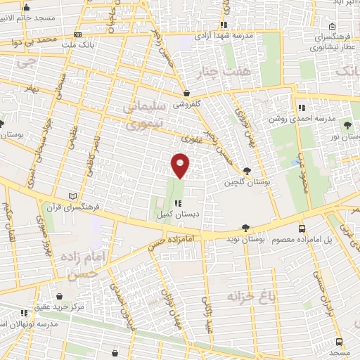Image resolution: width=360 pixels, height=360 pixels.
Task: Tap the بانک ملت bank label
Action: point(78,44)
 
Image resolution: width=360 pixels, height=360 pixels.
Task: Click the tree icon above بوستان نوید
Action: point(245,228)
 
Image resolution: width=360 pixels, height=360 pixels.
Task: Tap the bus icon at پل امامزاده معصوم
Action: point(302,229)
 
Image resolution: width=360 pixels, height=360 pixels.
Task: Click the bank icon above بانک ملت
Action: point(77,34)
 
